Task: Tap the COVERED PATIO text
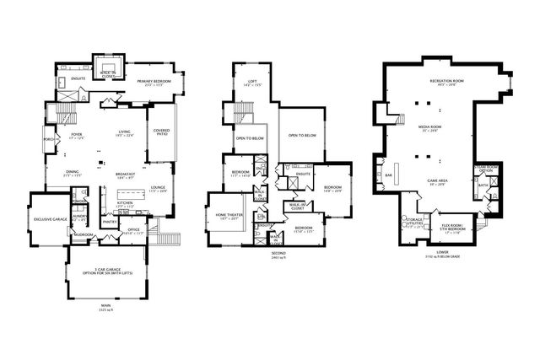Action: pos(161,132)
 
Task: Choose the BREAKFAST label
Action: pos(127,175)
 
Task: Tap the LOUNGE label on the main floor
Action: pos(159,188)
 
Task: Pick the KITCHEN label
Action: pos(125,203)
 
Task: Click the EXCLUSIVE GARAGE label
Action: pos(50,218)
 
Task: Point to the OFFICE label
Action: pos(133,228)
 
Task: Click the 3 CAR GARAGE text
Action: pos(105,270)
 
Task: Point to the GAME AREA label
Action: pos(437,180)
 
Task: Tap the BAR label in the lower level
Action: pos(389,175)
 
